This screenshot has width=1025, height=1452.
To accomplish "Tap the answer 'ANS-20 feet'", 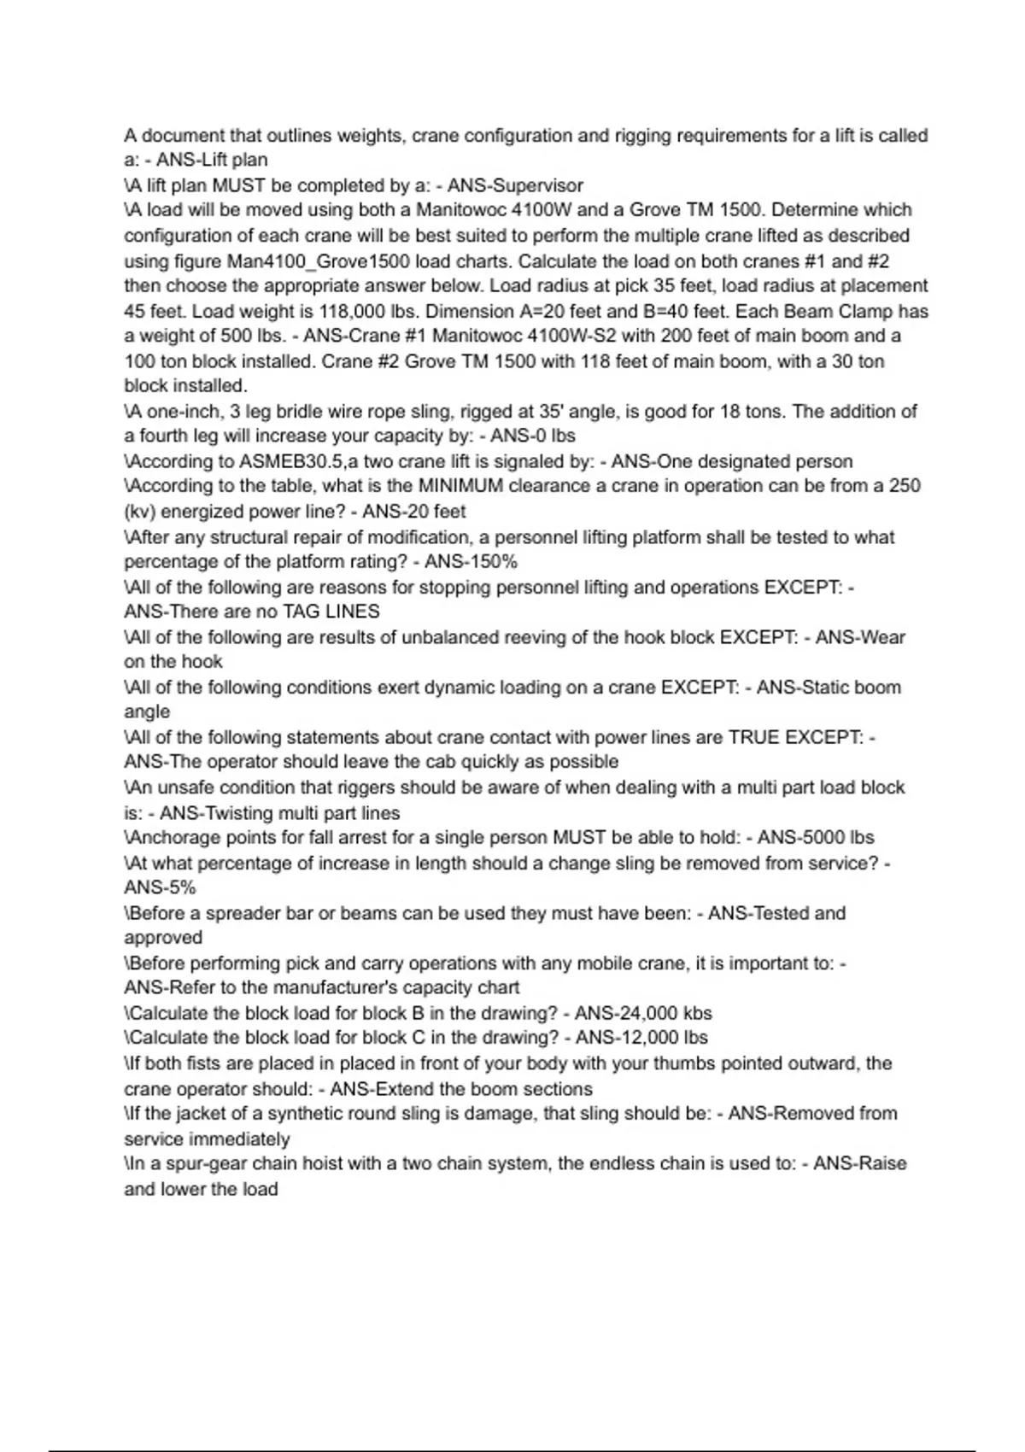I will (414, 512).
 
